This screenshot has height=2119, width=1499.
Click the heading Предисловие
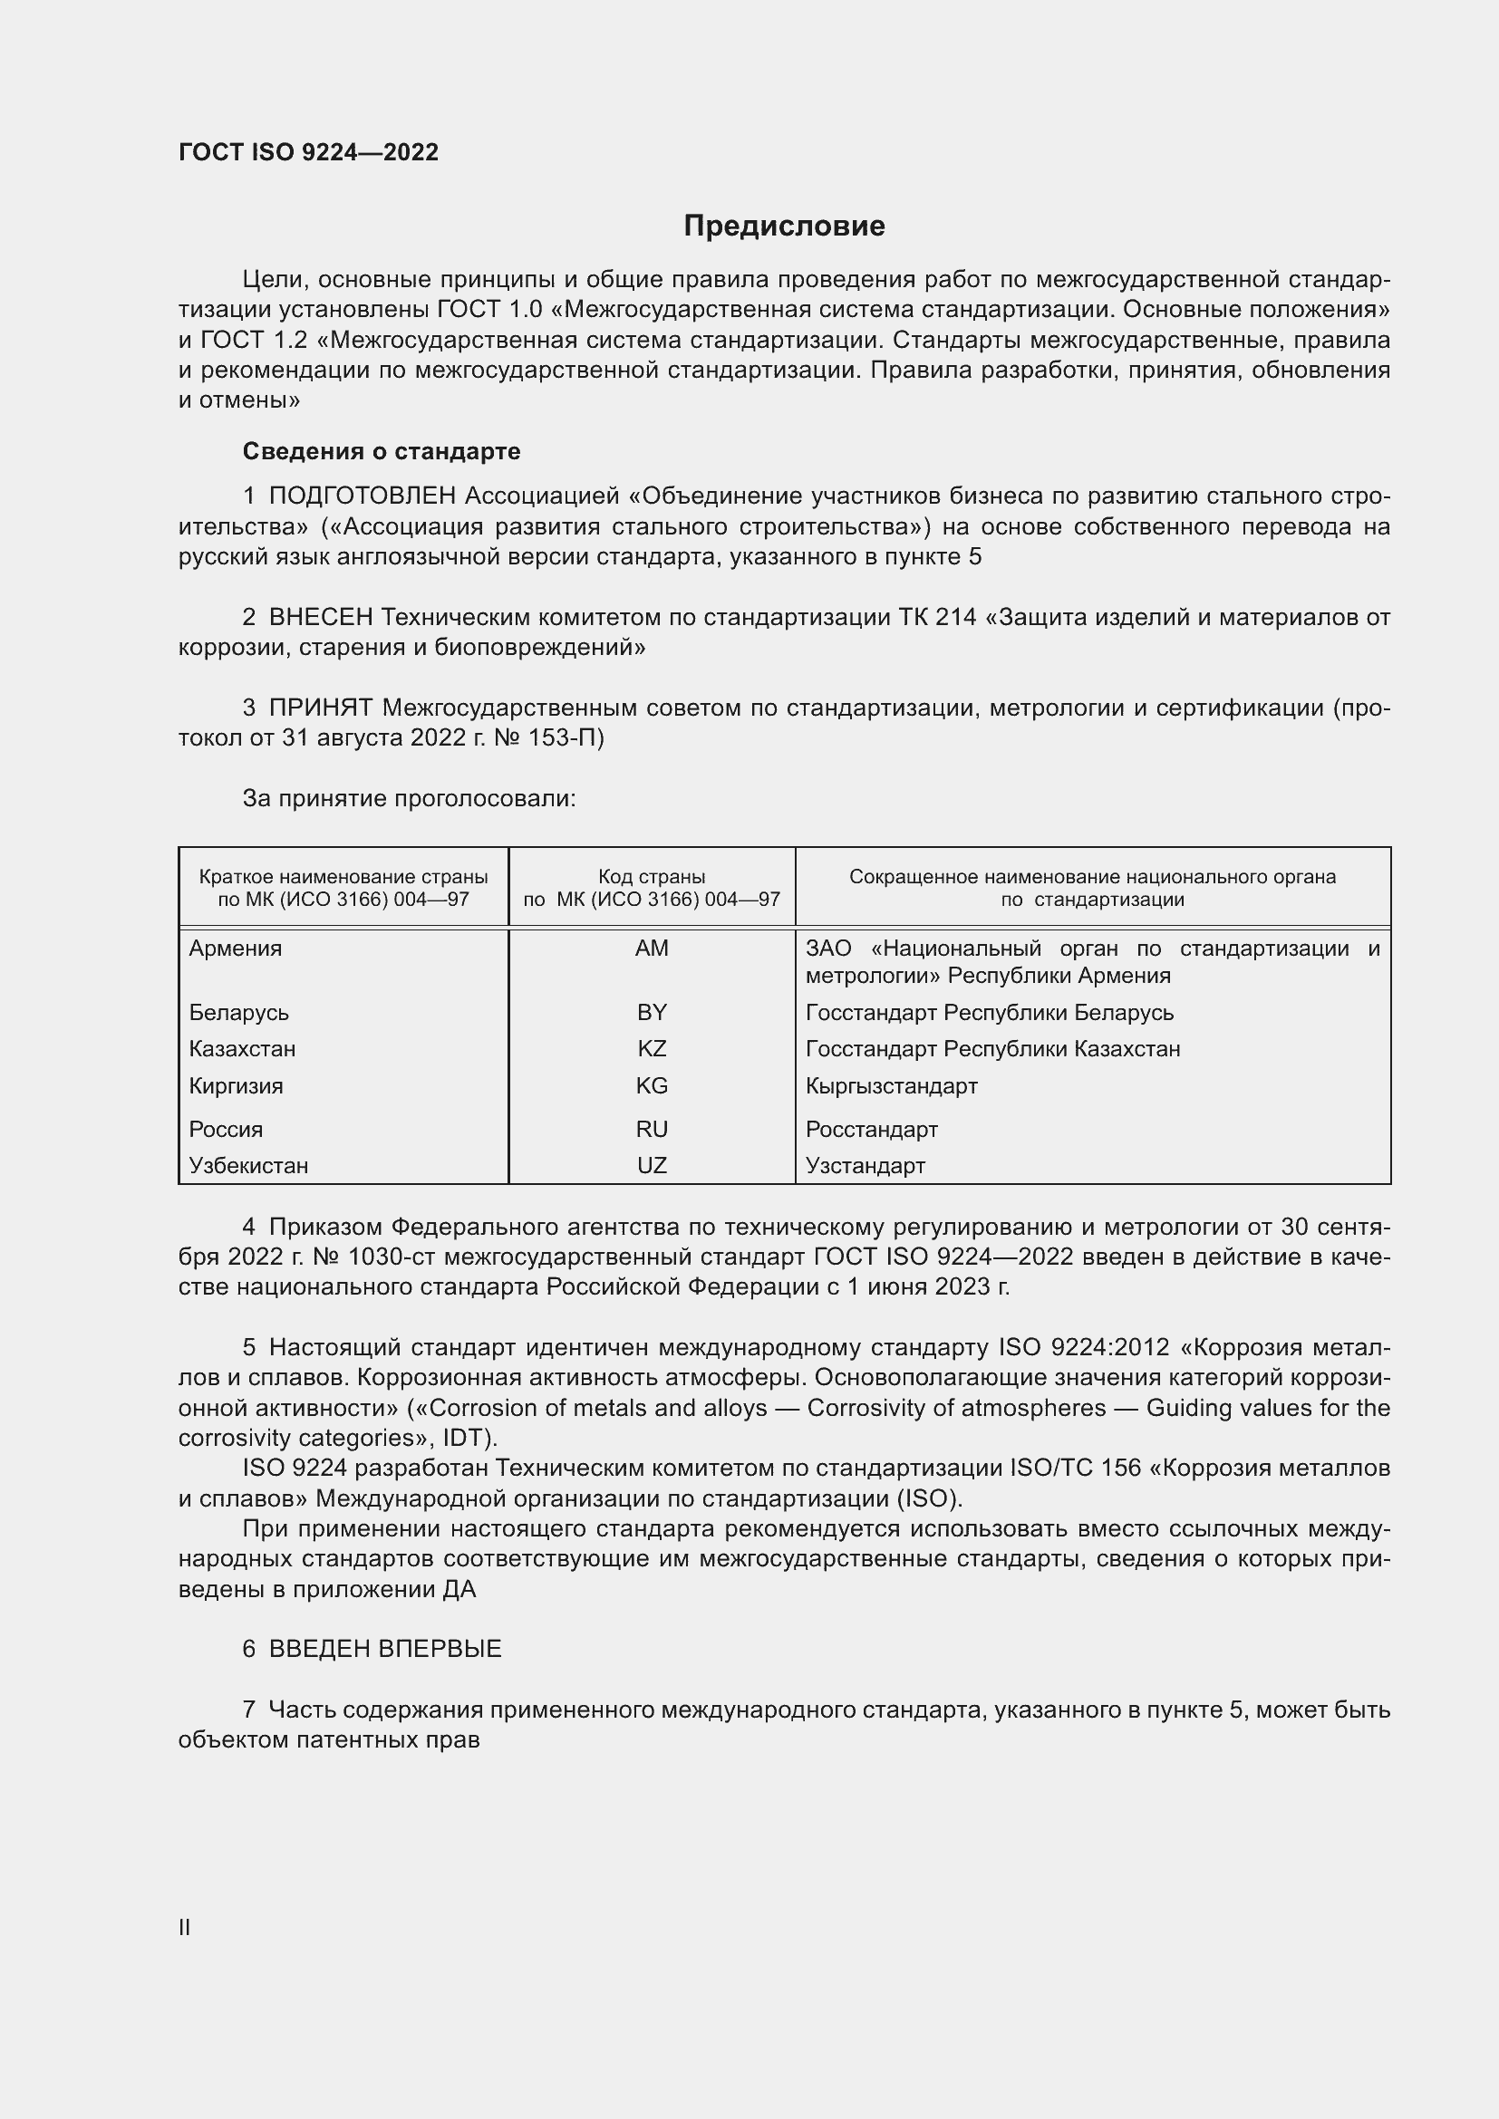[x=784, y=226]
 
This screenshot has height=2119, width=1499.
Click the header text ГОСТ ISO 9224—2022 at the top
[x=308, y=152]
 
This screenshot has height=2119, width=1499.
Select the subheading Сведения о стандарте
[x=382, y=451]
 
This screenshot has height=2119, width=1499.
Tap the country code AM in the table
[x=652, y=949]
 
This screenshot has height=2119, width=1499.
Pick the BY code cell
[x=652, y=1013]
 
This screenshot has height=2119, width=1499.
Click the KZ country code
[x=652, y=1048]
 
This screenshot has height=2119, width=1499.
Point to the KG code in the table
[x=652, y=1085]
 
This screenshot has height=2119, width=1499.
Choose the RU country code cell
[x=652, y=1129]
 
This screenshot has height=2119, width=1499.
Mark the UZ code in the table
[x=652, y=1165]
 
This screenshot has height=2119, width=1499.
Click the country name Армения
[x=236, y=949]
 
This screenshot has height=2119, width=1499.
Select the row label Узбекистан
[x=248, y=1165]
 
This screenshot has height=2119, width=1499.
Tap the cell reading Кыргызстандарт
[x=891, y=1085]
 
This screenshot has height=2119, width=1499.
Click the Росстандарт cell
[x=870, y=1129]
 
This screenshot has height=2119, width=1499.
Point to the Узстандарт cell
[x=865, y=1165]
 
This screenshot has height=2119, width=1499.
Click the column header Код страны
[x=652, y=877]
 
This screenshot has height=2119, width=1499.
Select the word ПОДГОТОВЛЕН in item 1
[x=362, y=496]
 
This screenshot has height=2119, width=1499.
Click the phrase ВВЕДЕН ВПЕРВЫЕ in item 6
[x=385, y=1649]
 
